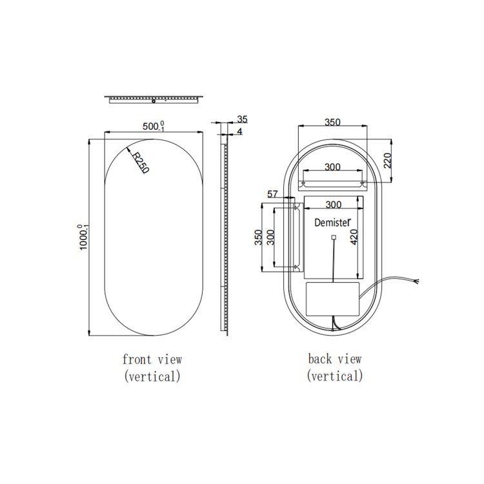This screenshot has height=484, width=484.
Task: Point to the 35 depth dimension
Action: point(243,119)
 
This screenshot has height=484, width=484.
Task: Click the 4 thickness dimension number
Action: point(240,132)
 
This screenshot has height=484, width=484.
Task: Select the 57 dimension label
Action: point(272,194)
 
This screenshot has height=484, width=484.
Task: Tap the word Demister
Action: point(332,223)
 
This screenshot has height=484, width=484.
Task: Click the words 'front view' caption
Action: point(152,359)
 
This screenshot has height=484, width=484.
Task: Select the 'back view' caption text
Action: point(334,359)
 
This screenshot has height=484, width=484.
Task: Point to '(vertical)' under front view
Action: point(152,376)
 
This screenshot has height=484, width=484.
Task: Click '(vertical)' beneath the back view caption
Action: point(334,376)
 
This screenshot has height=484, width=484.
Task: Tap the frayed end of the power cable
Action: point(419,281)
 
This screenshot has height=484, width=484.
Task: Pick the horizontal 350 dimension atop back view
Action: point(332,122)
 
